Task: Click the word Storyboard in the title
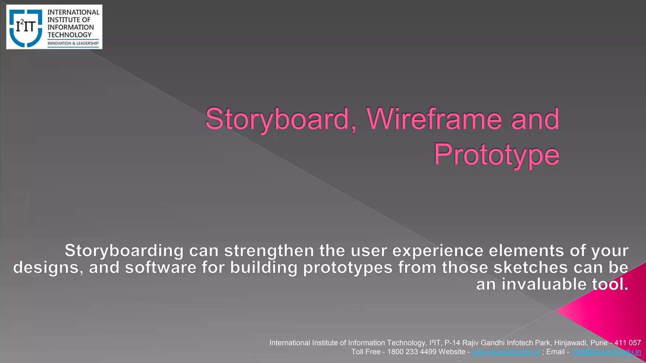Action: [277, 120]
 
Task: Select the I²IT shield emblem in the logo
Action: [26, 28]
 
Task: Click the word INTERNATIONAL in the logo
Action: [73, 12]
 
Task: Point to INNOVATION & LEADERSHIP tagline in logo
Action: [73, 43]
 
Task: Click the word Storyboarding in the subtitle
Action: [124, 251]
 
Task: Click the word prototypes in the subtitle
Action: [348, 268]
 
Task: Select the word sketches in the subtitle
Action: [531, 268]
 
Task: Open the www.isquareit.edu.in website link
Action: [505, 352]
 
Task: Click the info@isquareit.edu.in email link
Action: [606, 352]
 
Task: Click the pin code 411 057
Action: [627, 343]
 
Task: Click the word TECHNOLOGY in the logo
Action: [69, 35]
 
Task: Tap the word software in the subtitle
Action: [161, 268]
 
